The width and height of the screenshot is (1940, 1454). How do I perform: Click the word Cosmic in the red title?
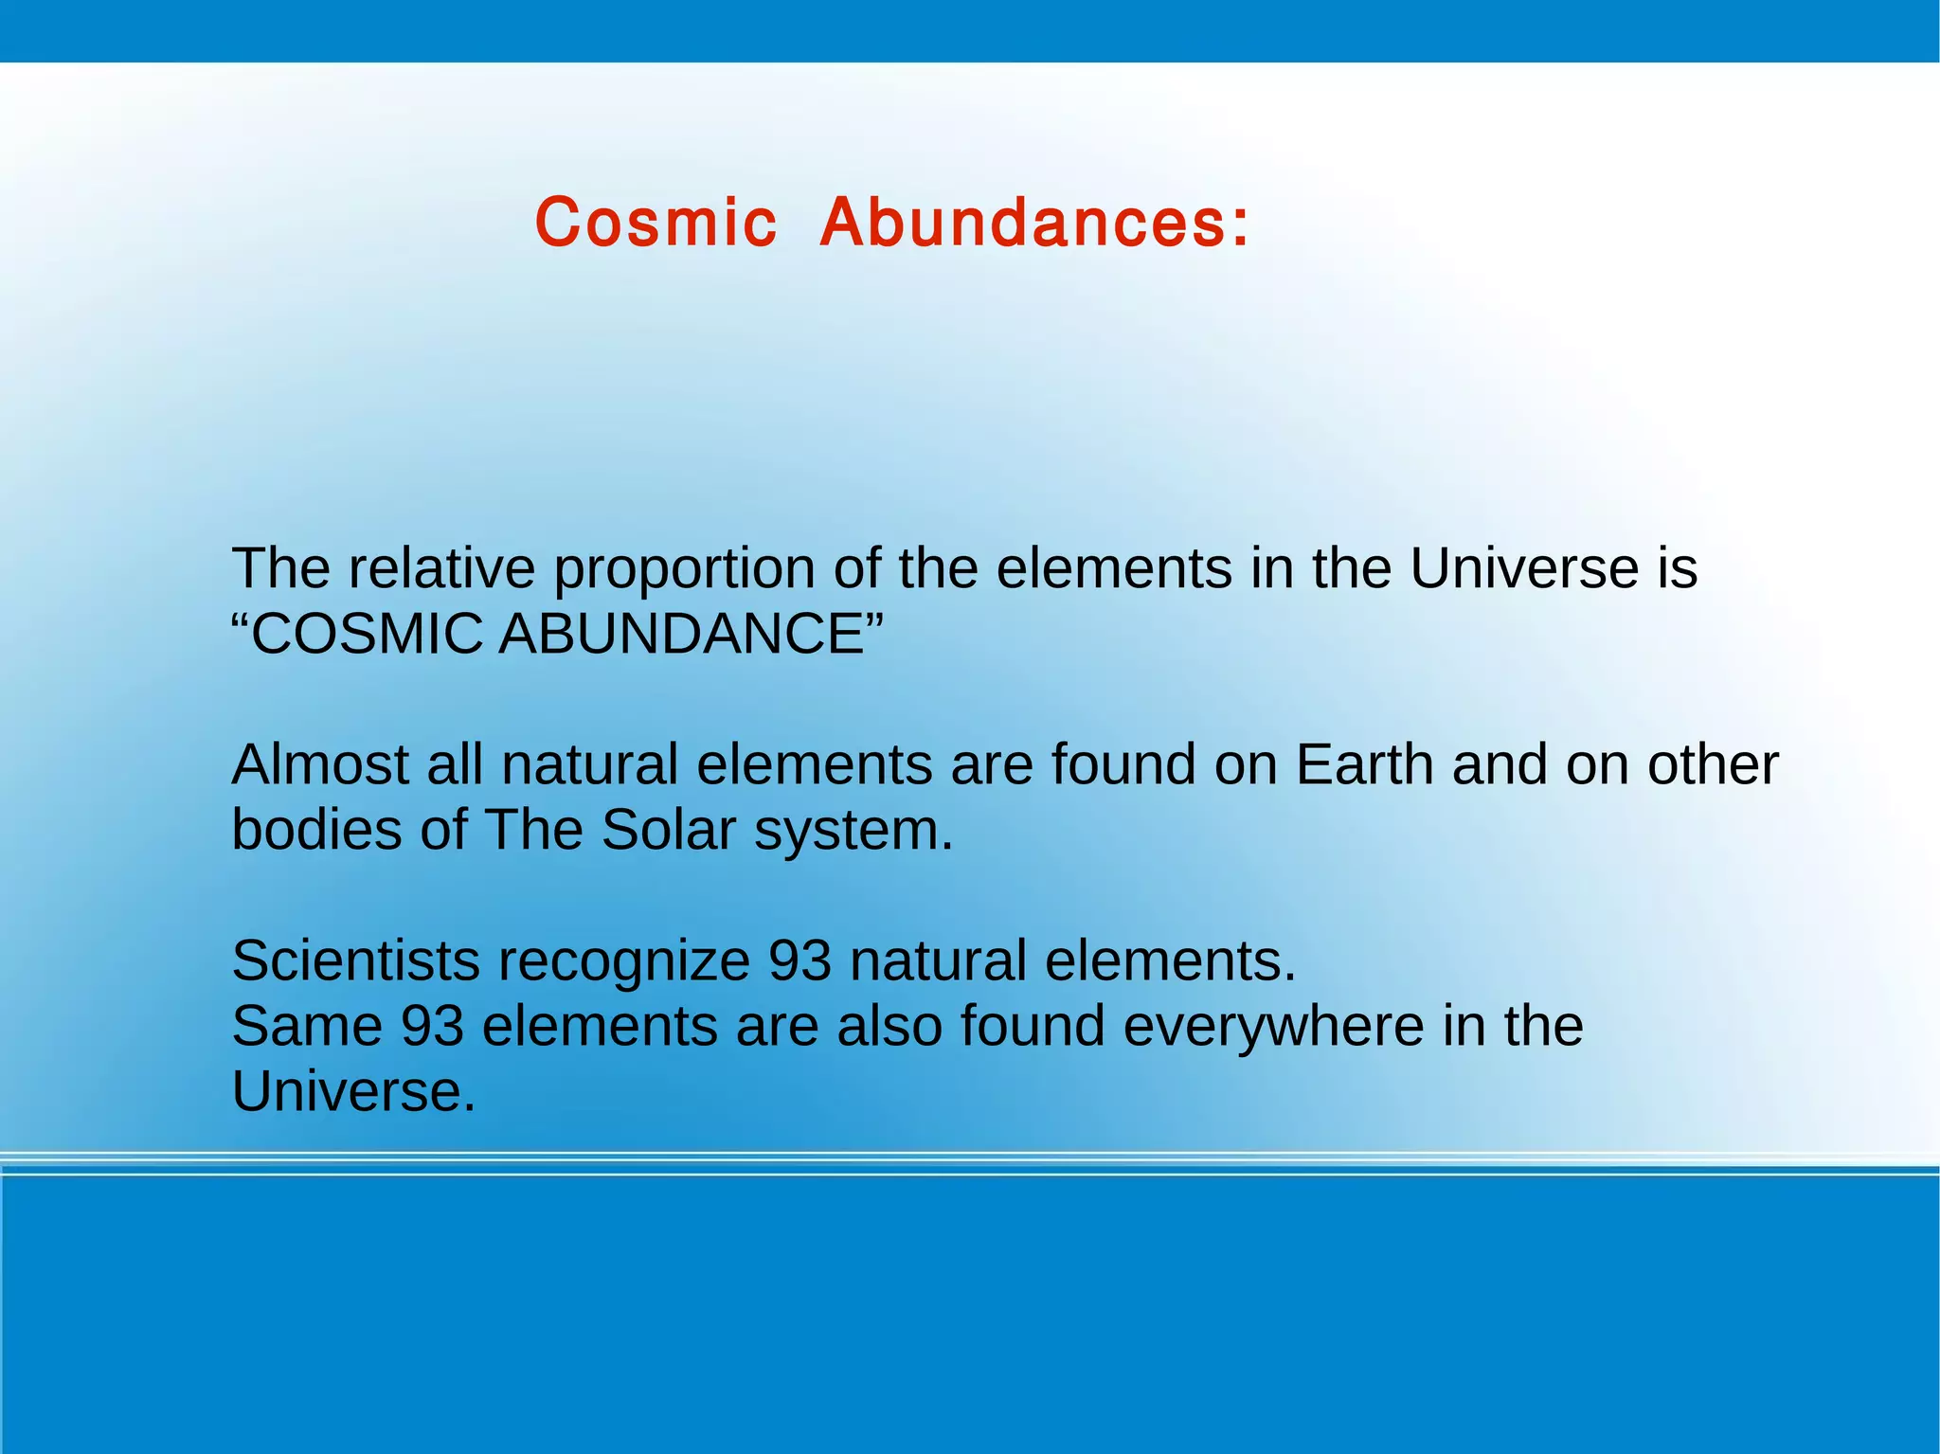(x=656, y=224)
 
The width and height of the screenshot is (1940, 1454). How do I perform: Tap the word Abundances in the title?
(x=1034, y=224)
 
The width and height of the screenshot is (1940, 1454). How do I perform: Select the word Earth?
(x=1364, y=764)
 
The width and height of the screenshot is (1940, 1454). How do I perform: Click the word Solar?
(x=668, y=830)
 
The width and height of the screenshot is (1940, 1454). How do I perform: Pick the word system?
(x=853, y=832)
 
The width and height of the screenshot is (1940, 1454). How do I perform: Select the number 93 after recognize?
(x=799, y=960)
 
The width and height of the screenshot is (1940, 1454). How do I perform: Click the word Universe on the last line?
(x=352, y=1091)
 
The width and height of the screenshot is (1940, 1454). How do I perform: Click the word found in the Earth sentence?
(x=1123, y=764)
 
